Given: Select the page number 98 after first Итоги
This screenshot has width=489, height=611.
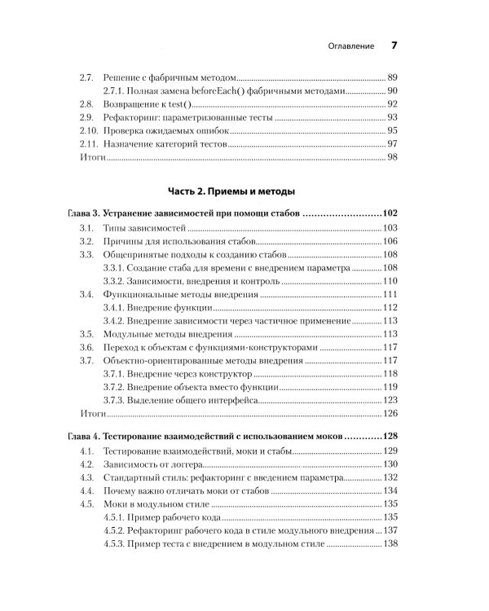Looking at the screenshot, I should pos(392,156).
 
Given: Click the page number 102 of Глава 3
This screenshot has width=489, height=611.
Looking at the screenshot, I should pos(390,214).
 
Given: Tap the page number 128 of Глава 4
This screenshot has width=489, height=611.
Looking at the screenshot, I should pos(390,436).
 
